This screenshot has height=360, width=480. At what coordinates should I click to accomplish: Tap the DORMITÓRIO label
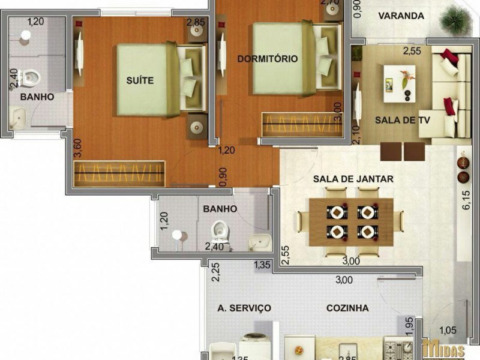(268, 59)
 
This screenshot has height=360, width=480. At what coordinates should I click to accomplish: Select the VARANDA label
(401, 16)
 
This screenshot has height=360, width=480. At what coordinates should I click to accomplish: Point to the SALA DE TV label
(403, 120)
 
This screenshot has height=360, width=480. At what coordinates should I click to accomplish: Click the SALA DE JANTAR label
(353, 179)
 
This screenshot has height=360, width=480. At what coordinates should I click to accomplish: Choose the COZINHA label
(347, 308)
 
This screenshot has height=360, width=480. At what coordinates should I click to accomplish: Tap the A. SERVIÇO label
(244, 308)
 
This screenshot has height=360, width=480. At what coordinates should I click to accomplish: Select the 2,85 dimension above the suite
(196, 23)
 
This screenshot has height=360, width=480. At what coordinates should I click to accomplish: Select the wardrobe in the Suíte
(119, 173)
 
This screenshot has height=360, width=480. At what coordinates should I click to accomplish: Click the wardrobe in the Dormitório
(299, 125)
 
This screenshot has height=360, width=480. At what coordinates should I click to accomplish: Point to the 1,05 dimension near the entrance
(448, 329)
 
